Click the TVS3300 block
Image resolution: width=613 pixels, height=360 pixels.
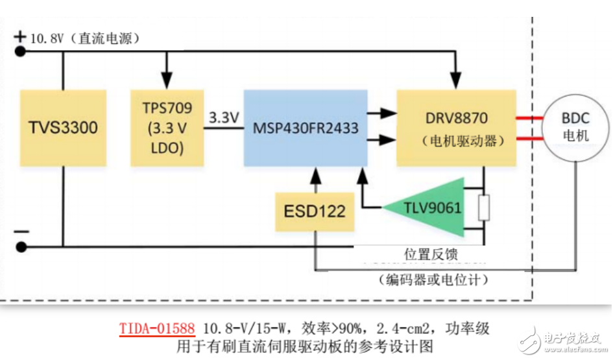63,127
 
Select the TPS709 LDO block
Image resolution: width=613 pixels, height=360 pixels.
167,127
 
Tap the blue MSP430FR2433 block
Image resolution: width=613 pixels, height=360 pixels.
305,128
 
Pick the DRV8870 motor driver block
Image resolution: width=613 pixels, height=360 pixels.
456,128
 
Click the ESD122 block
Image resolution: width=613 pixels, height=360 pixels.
315,211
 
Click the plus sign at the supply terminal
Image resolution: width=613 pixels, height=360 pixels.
19,36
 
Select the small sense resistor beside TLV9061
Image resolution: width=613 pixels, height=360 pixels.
484,208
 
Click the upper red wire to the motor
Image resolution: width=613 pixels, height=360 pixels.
529,119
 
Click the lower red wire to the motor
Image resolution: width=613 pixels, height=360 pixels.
529,139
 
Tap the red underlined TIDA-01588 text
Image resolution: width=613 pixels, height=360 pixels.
156,328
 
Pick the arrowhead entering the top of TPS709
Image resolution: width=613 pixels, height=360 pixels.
167,82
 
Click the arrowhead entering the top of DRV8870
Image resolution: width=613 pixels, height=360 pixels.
458,82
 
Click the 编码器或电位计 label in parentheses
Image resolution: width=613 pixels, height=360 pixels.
431,280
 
